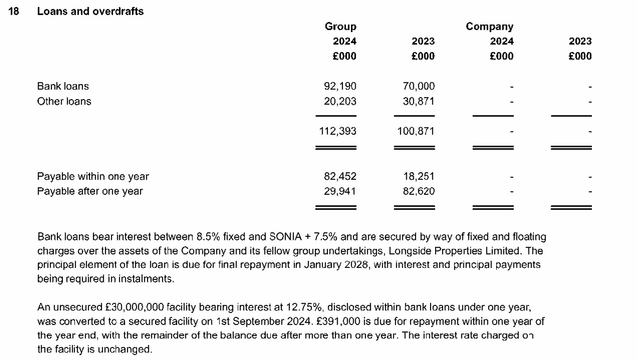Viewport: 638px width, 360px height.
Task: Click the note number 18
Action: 14,12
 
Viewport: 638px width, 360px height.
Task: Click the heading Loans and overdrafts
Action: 90,12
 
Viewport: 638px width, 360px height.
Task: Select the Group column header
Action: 340,27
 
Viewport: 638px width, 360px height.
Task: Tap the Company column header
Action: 489,27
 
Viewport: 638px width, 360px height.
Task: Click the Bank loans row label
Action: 63,86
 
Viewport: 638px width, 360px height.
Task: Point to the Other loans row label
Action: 64,101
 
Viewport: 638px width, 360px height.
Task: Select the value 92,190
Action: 340,86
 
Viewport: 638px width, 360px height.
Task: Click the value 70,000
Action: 419,86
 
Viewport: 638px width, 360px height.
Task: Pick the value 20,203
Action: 340,101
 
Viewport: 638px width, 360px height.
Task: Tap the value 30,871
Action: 419,101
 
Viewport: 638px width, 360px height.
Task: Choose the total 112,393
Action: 338,131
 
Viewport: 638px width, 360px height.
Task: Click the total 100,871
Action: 416,131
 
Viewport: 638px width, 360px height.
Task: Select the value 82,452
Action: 340,176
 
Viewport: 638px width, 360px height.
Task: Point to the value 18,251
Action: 419,176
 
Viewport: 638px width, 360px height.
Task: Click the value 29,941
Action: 340,191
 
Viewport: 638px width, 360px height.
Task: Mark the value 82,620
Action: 419,191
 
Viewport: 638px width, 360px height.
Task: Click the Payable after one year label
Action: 90,191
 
